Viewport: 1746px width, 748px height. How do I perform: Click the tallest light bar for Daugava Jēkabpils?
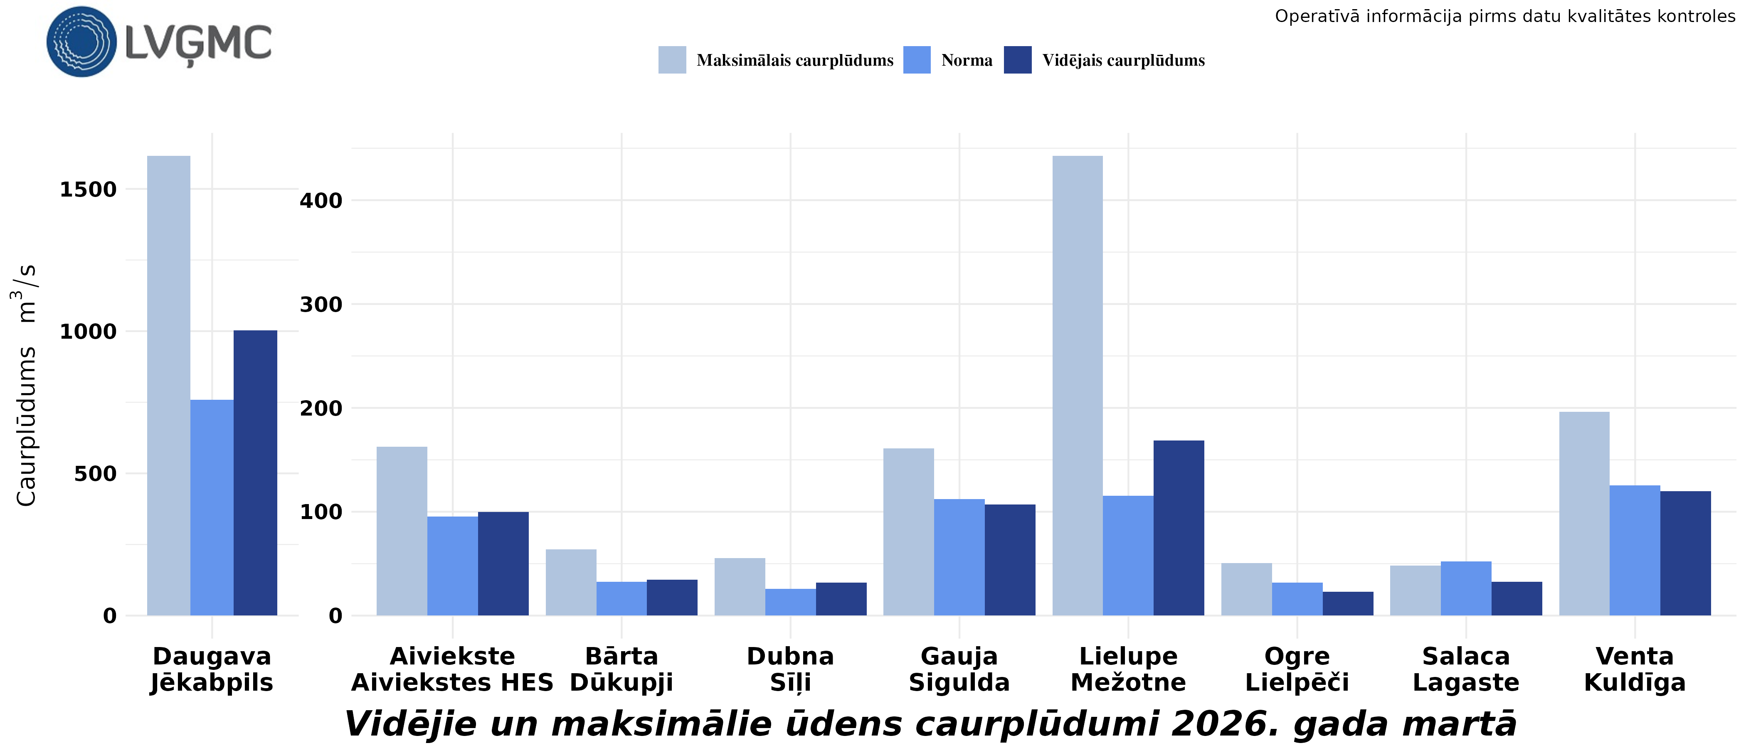[x=169, y=386]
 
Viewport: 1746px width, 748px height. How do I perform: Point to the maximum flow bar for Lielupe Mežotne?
[x=1077, y=386]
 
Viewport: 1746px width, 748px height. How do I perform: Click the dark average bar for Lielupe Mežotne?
[x=1179, y=529]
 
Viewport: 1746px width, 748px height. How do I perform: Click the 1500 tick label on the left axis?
[x=88, y=190]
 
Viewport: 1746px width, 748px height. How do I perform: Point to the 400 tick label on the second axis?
[x=321, y=201]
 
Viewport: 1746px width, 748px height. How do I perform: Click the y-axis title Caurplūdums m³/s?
[x=26, y=385]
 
